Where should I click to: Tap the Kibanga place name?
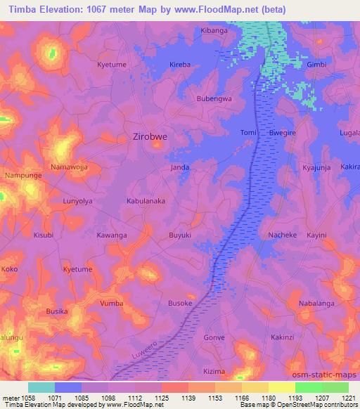(215, 32)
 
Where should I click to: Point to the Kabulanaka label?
(146, 200)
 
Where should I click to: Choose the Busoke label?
(180, 303)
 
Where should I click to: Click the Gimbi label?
(317, 64)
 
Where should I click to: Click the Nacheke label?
(282, 235)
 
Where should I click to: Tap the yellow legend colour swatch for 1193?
(282, 387)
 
